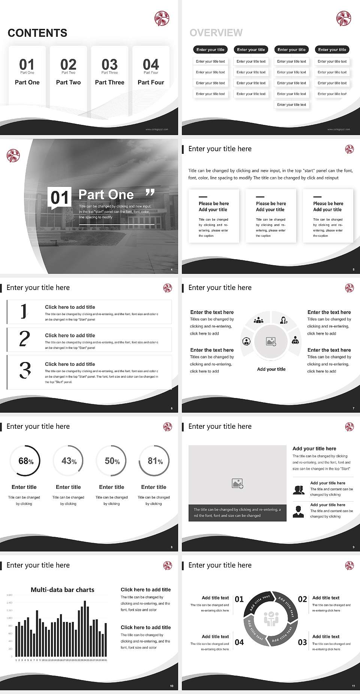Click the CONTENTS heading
(37, 33)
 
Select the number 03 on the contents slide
(109, 65)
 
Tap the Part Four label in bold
(151, 82)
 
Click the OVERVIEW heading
(216, 33)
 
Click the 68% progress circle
(25, 461)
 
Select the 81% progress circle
(154, 461)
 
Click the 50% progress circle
(111, 461)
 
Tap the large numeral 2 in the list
(24, 339)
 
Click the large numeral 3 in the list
(25, 370)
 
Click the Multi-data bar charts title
(63, 590)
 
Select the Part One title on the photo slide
(106, 194)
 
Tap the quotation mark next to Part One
(150, 192)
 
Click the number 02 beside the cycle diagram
(302, 599)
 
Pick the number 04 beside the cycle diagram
(239, 642)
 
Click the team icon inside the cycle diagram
(271, 619)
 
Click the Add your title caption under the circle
(271, 369)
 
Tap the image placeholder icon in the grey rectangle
(237, 484)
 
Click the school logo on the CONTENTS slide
(162, 18)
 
